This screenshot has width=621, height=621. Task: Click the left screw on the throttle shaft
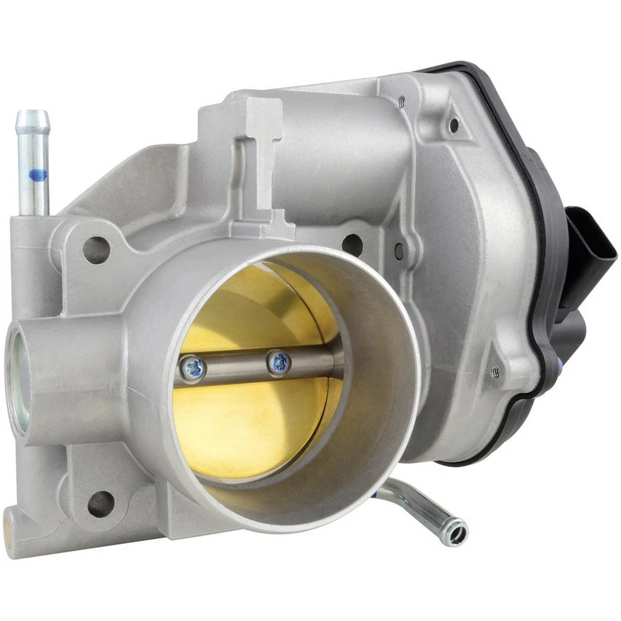pos(193,368)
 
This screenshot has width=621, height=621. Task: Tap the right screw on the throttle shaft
pos(279,363)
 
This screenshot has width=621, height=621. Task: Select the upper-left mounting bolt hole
pos(96,250)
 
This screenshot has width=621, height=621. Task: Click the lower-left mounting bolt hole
pos(101,503)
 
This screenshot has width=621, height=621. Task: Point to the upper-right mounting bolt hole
pos(352,245)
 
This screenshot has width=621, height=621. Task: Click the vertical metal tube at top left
pos(33,162)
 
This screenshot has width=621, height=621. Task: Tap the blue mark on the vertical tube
pos(38,174)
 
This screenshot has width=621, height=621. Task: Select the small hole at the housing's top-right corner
pos(455,124)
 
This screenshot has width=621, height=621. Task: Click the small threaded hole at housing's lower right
pos(496,371)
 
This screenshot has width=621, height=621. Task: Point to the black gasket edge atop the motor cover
pos(466,67)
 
